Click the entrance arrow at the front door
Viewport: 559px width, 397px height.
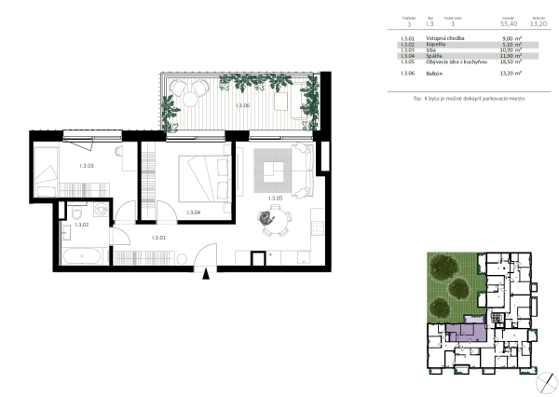[209, 272]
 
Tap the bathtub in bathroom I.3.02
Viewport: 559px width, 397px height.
[82, 253]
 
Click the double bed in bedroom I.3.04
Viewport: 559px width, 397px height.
[202, 176]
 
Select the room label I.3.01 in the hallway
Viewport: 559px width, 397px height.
[159, 239]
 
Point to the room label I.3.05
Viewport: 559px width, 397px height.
[274, 198]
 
